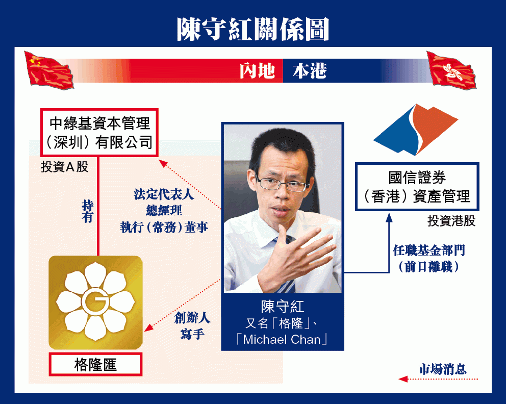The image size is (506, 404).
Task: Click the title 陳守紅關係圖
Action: pos(252,29)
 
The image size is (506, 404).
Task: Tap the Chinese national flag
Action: pos(49,70)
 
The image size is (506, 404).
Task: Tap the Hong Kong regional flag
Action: pos(452,70)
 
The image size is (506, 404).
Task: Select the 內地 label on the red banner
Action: pos(257,71)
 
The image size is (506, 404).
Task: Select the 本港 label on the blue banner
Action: pos(310,71)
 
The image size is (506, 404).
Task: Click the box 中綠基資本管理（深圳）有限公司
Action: pos(99,133)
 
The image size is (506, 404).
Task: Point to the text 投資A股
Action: pos(65,167)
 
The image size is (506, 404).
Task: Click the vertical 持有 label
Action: pos(87,211)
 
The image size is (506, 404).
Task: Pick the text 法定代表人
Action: pos(164,194)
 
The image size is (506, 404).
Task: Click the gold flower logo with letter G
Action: pos(95,302)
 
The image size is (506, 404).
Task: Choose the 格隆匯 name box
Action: pos(95,365)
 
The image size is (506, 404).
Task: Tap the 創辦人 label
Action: pos(192,318)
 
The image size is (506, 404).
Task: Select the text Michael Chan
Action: pos(282,339)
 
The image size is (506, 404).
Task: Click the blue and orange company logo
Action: pos(416,130)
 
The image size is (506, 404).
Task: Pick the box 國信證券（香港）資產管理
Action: pos(417,187)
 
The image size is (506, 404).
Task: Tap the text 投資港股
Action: pos(451,221)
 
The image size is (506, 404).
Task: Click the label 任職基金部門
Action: pos(429,250)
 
